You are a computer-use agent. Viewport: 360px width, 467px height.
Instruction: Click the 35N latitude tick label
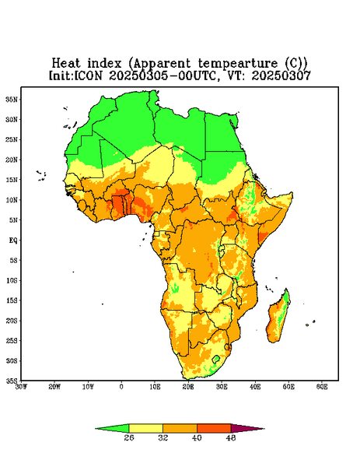pyautogui.click(x=12, y=99)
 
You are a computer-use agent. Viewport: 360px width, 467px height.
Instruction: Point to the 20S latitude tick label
pyautogui.click(x=12, y=321)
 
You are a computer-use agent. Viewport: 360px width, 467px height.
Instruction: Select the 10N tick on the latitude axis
pyautogui.click(x=12, y=200)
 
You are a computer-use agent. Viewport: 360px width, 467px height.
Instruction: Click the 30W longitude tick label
pyautogui.click(x=21, y=387)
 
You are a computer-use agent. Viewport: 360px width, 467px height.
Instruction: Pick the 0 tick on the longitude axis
pyautogui.click(x=121, y=387)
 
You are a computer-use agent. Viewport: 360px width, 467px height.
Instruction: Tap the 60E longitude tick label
pyautogui.click(x=322, y=387)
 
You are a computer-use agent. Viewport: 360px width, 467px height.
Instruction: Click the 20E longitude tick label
pyautogui.click(x=188, y=387)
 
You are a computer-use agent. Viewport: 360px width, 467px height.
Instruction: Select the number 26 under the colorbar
pyautogui.click(x=129, y=437)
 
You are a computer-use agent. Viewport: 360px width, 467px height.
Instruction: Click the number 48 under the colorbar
pyautogui.click(x=231, y=437)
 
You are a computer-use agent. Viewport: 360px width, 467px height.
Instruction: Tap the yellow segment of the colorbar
pyautogui.click(x=145, y=428)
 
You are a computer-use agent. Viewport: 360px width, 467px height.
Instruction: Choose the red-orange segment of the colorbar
pyautogui.click(x=214, y=428)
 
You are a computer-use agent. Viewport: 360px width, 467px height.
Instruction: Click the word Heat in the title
pyautogui.click(x=66, y=63)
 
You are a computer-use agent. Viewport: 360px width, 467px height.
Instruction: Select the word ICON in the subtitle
pyautogui.click(x=88, y=75)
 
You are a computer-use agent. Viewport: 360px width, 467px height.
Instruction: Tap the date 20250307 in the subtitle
pyautogui.click(x=281, y=75)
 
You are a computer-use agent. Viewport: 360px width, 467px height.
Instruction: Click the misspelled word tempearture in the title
pyautogui.click(x=237, y=64)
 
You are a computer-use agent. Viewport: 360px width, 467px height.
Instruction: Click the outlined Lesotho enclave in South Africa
pyautogui.click(x=216, y=359)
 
